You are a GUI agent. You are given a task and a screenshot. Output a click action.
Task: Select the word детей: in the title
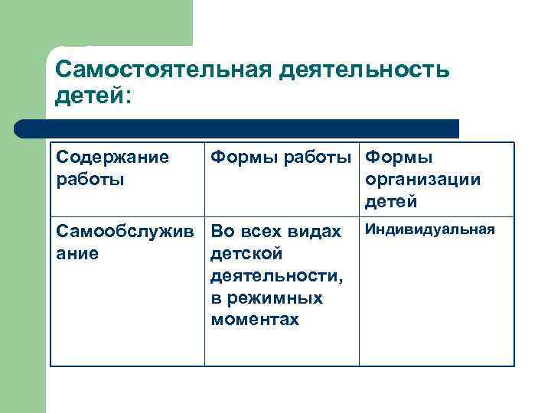pos(93,97)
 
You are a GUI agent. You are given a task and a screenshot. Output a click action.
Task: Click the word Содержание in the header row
pos(112,158)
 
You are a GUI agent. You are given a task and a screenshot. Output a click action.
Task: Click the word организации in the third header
pos(423,180)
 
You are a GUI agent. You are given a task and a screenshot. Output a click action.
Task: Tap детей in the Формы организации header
pos(391,202)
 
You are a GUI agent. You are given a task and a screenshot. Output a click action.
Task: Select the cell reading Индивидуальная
pos(429,229)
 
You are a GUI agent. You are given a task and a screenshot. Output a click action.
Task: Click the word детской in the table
pos(246,253)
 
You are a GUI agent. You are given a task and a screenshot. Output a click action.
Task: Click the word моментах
pos(254,320)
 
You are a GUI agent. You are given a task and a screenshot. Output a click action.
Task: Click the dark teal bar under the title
pos(245,128)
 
